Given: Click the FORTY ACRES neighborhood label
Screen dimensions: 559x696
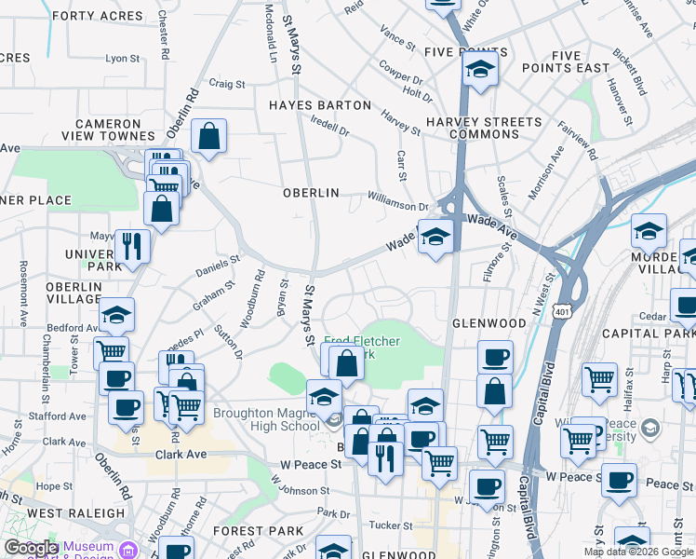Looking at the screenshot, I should click(91, 16).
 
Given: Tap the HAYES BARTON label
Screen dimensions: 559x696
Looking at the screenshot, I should click(320, 105).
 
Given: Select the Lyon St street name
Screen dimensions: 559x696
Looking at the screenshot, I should click(122, 58).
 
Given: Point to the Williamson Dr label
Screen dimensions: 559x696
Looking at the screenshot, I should click(397, 197).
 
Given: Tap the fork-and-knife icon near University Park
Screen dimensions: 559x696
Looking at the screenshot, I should click(131, 246).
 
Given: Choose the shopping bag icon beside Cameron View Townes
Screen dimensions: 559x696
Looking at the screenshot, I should click(209, 136).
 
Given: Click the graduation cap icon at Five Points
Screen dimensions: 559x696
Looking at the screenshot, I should click(479, 69).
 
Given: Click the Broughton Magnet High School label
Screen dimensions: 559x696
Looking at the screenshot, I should click(266, 420).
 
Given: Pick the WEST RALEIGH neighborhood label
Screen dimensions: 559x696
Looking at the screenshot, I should click(76, 512).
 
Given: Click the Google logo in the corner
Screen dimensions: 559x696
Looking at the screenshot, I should click(31, 548).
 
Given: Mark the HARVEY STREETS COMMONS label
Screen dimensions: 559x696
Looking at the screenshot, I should click(483, 129).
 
